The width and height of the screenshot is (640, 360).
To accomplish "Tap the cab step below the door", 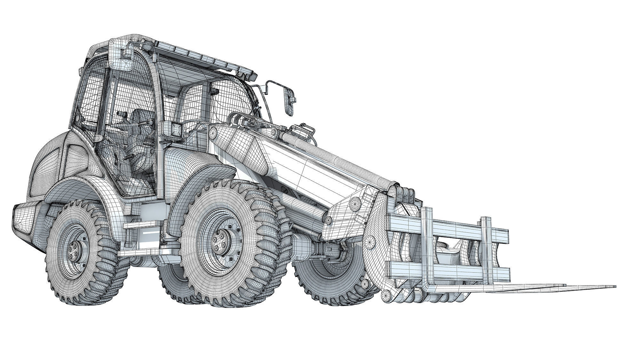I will point(141,226).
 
